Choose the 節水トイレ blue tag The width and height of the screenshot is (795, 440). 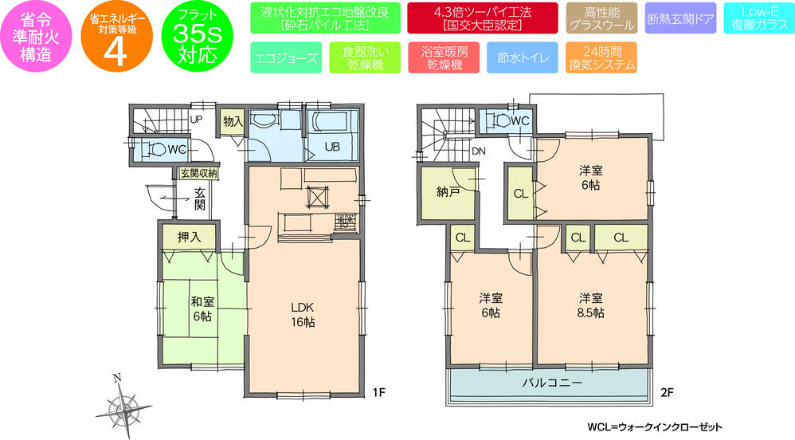tap(520, 58)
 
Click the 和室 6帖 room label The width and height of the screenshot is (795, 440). tap(201, 308)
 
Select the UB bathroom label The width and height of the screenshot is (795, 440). tap(331, 145)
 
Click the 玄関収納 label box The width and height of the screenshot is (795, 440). tap(198, 172)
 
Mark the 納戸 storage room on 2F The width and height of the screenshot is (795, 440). tap(448, 193)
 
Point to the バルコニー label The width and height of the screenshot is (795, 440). tap(550, 382)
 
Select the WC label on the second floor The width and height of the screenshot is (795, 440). tap(519, 120)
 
